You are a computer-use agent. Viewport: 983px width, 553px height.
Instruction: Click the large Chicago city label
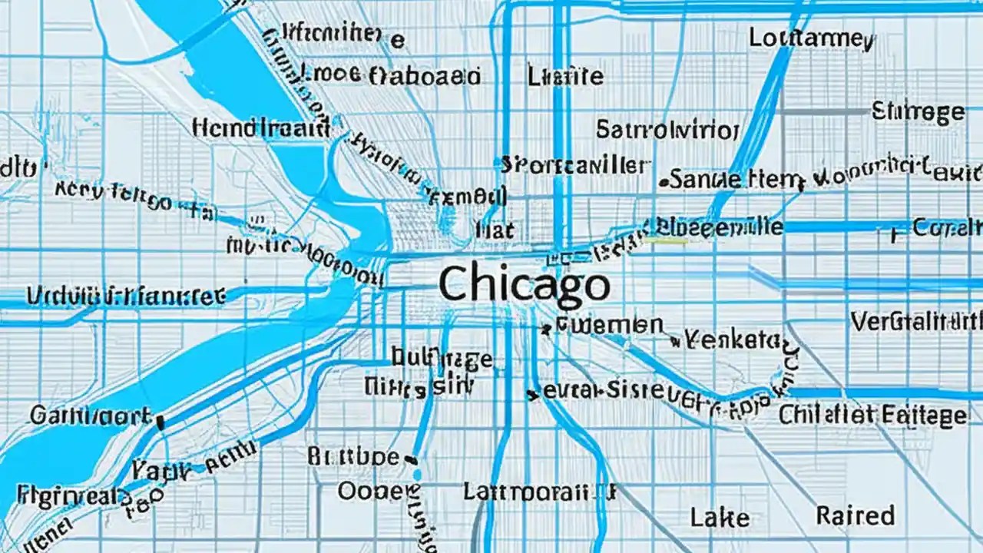click(x=525, y=283)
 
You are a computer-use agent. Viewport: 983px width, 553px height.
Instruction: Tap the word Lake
click(x=719, y=518)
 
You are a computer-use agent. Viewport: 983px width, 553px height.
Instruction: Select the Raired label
click(x=856, y=515)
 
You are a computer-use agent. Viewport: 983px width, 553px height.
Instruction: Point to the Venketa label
click(x=731, y=339)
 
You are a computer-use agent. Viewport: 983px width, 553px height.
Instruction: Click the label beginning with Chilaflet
click(x=872, y=416)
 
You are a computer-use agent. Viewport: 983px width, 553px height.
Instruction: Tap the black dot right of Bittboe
click(x=411, y=460)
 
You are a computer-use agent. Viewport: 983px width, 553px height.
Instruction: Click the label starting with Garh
click(x=91, y=417)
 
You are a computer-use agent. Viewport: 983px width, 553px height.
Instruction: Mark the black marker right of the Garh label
click(x=161, y=422)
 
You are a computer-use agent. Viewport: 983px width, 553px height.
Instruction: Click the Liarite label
click(x=565, y=76)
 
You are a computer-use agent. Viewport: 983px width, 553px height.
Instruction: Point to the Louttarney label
click(x=811, y=38)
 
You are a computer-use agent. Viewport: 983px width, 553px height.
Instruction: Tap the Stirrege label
click(x=918, y=113)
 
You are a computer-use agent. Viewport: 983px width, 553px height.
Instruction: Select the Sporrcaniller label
click(x=575, y=164)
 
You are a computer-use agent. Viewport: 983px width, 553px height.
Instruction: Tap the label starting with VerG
click(x=916, y=321)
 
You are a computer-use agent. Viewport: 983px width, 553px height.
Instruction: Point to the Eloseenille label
click(x=719, y=227)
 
